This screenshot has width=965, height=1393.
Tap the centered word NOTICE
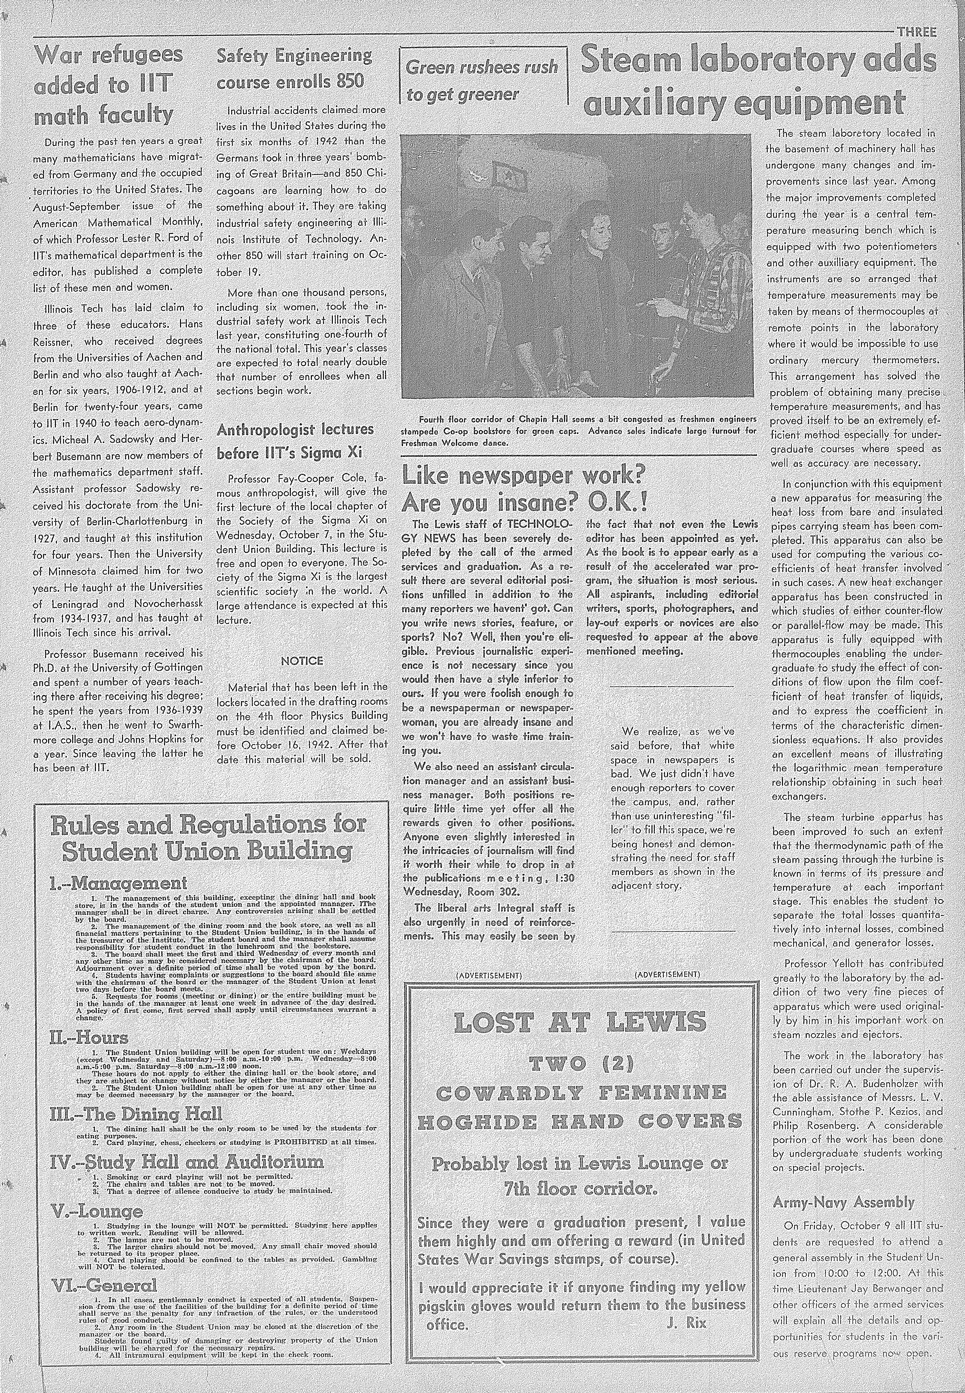pyautogui.click(x=302, y=661)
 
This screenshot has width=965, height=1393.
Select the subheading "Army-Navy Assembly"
pyautogui.click(x=843, y=1186)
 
